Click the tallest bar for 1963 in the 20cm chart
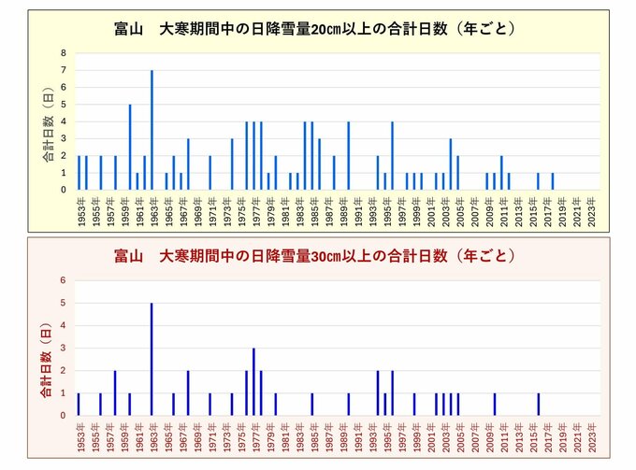152,131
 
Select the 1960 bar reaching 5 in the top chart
130,148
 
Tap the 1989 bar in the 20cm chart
348,156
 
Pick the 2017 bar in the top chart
552,181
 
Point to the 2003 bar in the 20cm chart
450,164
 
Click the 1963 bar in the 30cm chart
152,360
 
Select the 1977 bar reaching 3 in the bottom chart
253,382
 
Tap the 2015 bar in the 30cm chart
538,405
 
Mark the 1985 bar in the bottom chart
311,405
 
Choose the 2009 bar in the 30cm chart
494,405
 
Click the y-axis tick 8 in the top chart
65,53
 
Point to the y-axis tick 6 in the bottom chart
65,280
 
